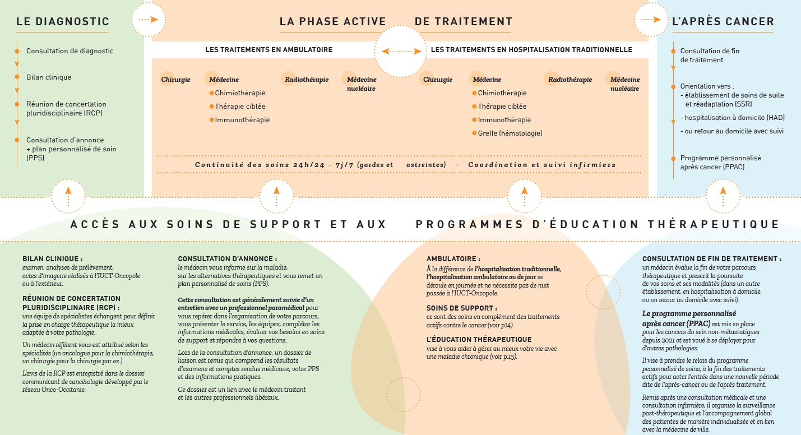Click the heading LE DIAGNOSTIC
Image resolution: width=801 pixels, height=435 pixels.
pyautogui.click(x=63, y=22)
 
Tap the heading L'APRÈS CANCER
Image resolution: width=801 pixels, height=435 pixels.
pyautogui.click(x=723, y=22)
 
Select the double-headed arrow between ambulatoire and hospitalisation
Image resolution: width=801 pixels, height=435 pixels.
pyautogui.click(x=401, y=51)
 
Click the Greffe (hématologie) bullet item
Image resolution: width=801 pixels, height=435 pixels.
pyautogui.click(x=510, y=133)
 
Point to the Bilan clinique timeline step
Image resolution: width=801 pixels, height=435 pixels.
pyautogui.click(x=49, y=77)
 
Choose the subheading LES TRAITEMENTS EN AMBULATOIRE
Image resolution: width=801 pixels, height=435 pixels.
pyautogui.click(x=268, y=50)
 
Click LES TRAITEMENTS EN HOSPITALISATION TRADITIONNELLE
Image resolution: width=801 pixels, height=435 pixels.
pyautogui.click(x=531, y=50)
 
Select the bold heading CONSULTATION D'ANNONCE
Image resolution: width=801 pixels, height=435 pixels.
pyautogui.click(x=227, y=259)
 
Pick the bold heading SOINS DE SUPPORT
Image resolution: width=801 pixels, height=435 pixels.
pyautogui.click(x=461, y=308)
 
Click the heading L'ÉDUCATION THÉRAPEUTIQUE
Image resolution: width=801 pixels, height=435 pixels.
pyautogui.click(x=479, y=340)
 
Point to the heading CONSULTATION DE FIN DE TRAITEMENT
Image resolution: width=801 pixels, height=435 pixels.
pyautogui.click(x=711, y=259)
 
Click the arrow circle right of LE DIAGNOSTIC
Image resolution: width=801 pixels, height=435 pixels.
pyautogui.click(x=149, y=20)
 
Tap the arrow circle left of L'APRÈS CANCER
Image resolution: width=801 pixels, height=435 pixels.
pyautogui.click(x=651, y=20)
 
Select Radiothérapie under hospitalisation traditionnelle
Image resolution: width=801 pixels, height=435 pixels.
pyautogui.click(x=570, y=80)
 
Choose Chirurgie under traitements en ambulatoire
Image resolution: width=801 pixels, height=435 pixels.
pyautogui.click(x=176, y=80)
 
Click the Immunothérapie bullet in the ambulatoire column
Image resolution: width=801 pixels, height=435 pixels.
pyautogui.click(x=242, y=120)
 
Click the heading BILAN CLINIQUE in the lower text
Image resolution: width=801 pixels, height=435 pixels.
pyautogui.click(x=53, y=259)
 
